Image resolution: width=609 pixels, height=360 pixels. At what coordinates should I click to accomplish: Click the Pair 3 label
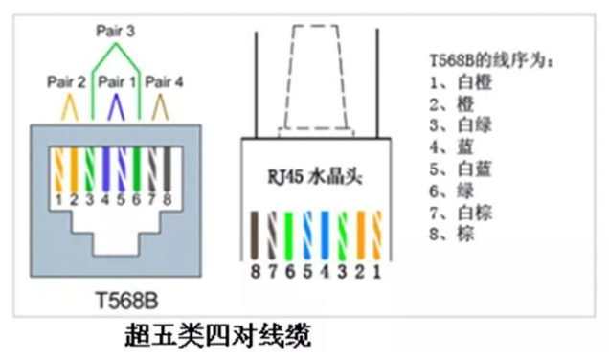[x=115, y=31]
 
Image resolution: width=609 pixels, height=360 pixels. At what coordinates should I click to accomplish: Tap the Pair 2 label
[x=67, y=82]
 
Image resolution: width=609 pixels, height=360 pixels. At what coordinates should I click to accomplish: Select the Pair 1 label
[x=116, y=82]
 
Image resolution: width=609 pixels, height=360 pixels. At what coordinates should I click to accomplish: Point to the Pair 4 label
[x=164, y=82]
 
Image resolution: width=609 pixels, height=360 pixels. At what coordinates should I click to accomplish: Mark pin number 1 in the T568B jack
[x=59, y=199]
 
